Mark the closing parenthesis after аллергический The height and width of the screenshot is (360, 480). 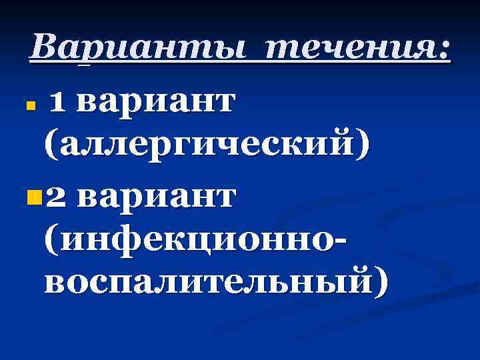point(361,143)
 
